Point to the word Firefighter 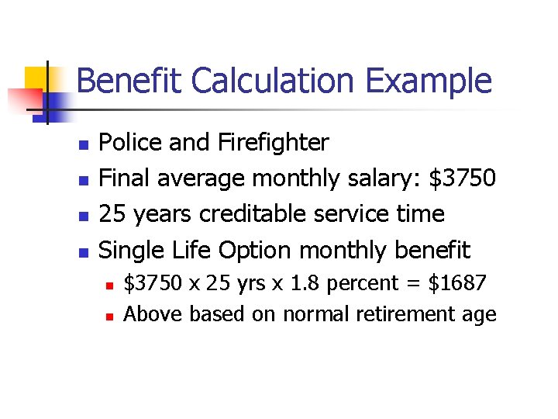click(274, 143)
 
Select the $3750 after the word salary click(462, 178)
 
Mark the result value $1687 click(458, 283)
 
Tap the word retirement click(402, 313)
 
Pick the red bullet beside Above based click(110, 316)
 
